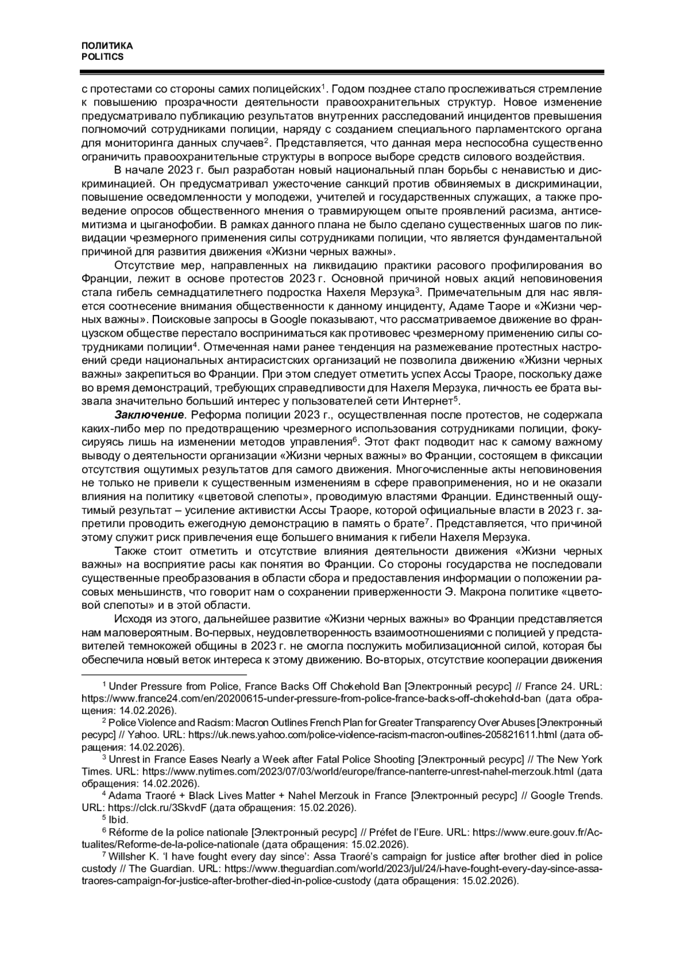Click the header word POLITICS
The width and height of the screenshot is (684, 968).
click(103, 57)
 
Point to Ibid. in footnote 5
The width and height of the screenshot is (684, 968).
click(119, 820)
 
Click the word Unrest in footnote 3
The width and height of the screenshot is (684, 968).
click(124, 759)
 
